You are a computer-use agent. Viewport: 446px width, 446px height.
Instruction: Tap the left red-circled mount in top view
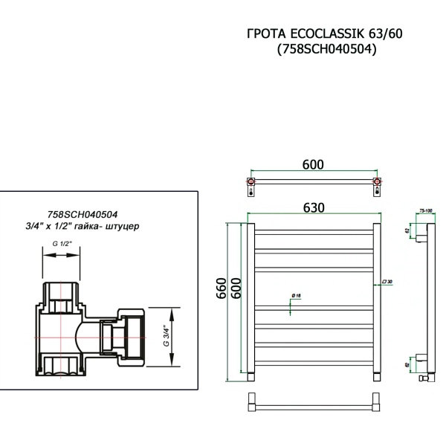coord(252,181)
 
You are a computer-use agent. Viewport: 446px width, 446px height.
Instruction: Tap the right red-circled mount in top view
coord(377,181)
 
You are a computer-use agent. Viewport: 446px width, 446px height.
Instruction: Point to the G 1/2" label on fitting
coord(62,244)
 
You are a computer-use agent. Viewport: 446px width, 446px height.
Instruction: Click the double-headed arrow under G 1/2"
coord(62,254)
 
